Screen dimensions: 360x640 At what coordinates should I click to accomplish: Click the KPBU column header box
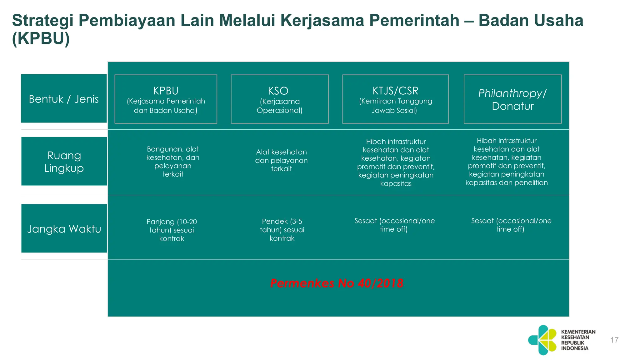pyautogui.click(x=166, y=99)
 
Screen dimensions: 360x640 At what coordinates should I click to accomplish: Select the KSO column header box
pyautogui.click(x=279, y=99)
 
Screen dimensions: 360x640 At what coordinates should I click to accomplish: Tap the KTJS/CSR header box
pyautogui.click(x=395, y=99)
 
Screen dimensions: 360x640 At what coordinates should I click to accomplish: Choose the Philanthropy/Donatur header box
pyautogui.click(x=512, y=99)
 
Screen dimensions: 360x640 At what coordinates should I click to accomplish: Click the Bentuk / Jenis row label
pyautogui.click(x=64, y=98)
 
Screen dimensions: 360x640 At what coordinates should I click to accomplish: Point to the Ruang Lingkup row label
pyautogui.click(x=64, y=162)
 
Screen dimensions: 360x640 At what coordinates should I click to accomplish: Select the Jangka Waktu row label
pyautogui.click(x=64, y=228)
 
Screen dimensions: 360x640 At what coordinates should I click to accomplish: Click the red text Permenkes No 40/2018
pyautogui.click(x=337, y=283)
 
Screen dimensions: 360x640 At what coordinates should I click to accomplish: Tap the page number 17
pyautogui.click(x=614, y=340)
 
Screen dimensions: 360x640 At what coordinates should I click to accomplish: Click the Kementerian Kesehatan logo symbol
pyautogui.click(x=542, y=340)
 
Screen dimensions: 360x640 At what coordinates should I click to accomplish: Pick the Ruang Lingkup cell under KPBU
pyautogui.click(x=173, y=162)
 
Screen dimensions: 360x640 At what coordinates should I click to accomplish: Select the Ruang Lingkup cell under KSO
pyautogui.click(x=281, y=160)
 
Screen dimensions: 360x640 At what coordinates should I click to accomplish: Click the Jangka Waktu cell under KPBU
pyautogui.click(x=172, y=230)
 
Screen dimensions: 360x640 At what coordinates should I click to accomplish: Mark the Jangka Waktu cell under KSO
pyautogui.click(x=282, y=230)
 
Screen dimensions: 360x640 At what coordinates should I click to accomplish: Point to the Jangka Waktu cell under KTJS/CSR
pyautogui.click(x=394, y=225)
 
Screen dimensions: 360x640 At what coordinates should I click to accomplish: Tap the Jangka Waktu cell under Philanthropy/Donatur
pyautogui.click(x=511, y=225)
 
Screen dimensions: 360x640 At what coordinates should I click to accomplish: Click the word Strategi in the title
pyautogui.click(x=42, y=21)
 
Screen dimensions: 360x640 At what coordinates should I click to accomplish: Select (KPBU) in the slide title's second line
pyautogui.click(x=41, y=39)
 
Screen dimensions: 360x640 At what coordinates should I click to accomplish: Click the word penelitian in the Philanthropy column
pyautogui.click(x=531, y=183)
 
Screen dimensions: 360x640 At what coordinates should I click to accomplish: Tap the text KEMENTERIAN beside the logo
pyautogui.click(x=578, y=332)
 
